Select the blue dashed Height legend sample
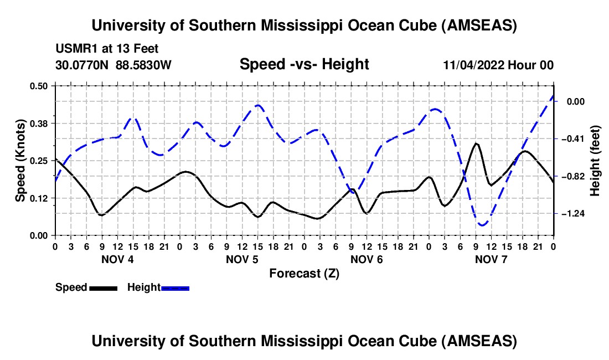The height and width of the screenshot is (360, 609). pyautogui.click(x=176, y=288)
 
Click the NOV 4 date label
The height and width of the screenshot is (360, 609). pyautogui.click(x=117, y=259)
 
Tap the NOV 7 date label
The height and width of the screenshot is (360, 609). pyautogui.click(x=492, y=259)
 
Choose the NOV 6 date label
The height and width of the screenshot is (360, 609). pyautogui.click(x=367, y=259)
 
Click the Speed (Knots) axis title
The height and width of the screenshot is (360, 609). pyautogui.click(x=20, y=161)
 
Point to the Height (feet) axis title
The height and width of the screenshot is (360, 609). pyautogui.click(x=596, y=161)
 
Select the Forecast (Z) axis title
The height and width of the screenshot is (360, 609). pyautogui.click(x=304, y=273)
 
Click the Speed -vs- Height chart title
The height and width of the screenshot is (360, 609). pyautogui.click(x=304, y=65)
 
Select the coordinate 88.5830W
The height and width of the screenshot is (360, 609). pyautogui.click(x=144, y=65)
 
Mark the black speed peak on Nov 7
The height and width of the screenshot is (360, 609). pyautogui.click(x=476, y=143)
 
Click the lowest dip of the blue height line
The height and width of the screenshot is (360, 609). pyautogui.click(x=482, y=225)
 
